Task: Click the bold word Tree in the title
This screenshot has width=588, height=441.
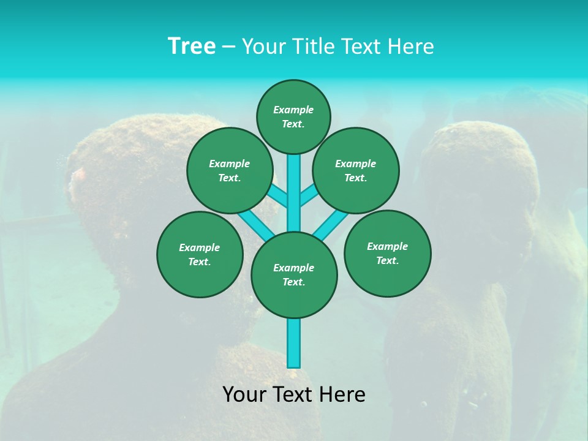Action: click(x=192, y=47)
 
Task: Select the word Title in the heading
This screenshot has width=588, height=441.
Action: click(x=313, y=47)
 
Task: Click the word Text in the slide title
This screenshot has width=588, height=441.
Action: click(x=361, y=47)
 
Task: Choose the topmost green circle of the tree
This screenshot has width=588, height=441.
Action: click(x=293, y=116)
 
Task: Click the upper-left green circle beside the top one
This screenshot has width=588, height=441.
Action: click(x=230, y=170)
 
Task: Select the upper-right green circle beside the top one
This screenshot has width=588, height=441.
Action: click(x=356, y=170)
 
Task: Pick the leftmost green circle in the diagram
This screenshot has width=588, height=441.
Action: click(x=200, y=254)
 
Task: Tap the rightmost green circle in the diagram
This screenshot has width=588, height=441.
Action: click(x=387, y=253)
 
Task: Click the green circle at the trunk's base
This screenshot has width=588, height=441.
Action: click(x=294, y=274)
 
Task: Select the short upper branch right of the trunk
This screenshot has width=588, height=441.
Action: click(x=308, y=197)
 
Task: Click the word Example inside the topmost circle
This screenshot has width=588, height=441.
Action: click(x=293, y=110)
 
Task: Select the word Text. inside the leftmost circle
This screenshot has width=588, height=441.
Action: click(x=199, y=262)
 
